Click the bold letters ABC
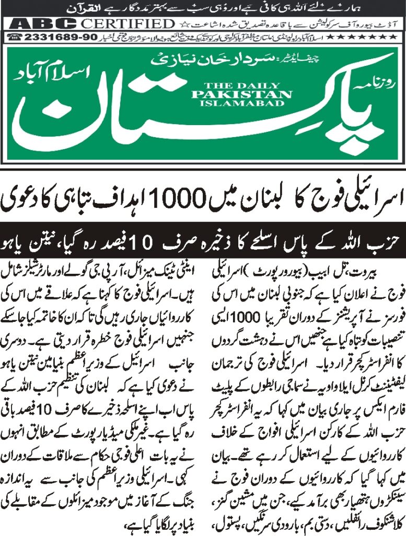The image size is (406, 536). (x=42, y=24)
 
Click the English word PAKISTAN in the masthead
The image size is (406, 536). (x=241, y=94)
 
